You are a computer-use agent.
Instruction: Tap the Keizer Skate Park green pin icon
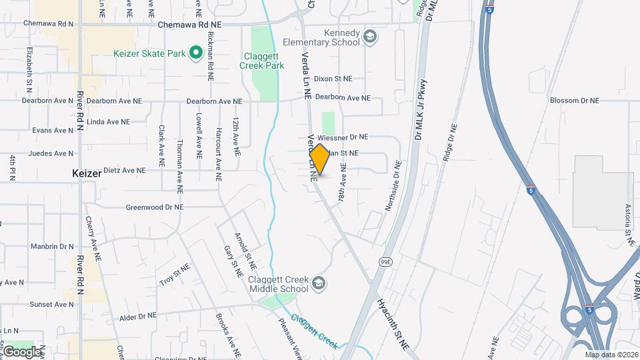(x=195, y=52)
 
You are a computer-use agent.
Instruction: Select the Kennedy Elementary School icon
(x=369, y=36)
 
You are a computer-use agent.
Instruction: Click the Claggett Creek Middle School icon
(x=319, y=283)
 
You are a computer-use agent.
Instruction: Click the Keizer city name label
(x=87, y=173)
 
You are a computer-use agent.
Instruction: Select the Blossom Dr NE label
(x=574, y=101)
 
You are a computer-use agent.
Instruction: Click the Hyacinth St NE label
(x=393, y=324)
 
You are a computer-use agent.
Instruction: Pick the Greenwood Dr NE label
(x=154, y=207)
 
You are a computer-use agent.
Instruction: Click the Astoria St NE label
(x=627, y=221)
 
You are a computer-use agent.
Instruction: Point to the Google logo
(x=22, y=351)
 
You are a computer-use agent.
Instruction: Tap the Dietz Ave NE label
(x=123, y=170)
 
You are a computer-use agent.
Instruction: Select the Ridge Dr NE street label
(x=449, y=142)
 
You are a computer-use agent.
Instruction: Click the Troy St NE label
(x=175, y=275)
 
